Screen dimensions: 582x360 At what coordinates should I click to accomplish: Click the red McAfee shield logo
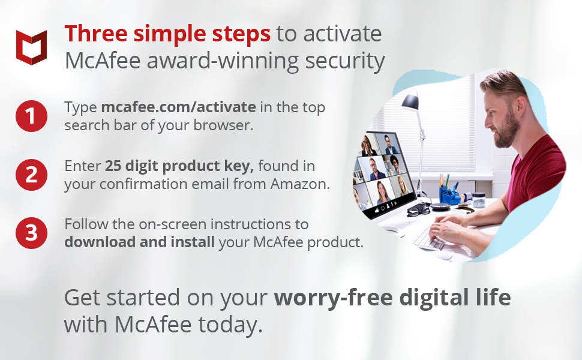[32, 47]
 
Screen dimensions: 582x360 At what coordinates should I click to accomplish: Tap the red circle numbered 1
[32, 116]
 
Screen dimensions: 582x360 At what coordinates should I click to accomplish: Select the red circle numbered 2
[32, 175]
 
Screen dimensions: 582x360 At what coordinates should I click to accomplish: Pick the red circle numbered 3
[32, 233]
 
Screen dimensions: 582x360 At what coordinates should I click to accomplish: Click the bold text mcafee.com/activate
[179, 107]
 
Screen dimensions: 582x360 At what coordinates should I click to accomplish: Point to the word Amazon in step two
[300, 184]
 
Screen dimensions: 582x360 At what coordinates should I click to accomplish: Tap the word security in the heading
[345, 61]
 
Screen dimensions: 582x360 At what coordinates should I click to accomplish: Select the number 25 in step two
[113, 166]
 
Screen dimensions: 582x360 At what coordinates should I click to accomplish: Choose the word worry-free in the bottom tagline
[334, 298]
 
